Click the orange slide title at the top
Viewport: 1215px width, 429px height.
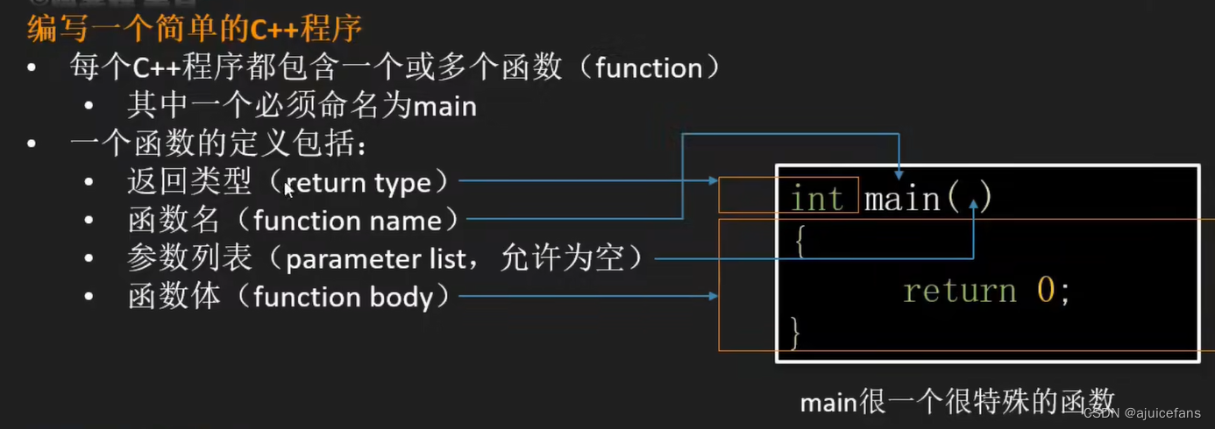195,29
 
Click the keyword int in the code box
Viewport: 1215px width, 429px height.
816,199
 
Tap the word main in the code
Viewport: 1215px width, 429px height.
902,199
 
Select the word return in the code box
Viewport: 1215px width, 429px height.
960,290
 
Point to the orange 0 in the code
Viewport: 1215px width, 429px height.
1046,290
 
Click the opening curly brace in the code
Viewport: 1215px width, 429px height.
797,241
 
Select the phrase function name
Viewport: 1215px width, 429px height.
347,221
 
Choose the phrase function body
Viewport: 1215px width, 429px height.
343,298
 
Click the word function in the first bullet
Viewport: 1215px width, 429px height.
649,68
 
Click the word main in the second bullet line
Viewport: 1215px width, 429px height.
444,107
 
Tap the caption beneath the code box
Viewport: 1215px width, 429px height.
957,401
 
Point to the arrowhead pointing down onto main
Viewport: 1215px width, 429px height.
899,175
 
